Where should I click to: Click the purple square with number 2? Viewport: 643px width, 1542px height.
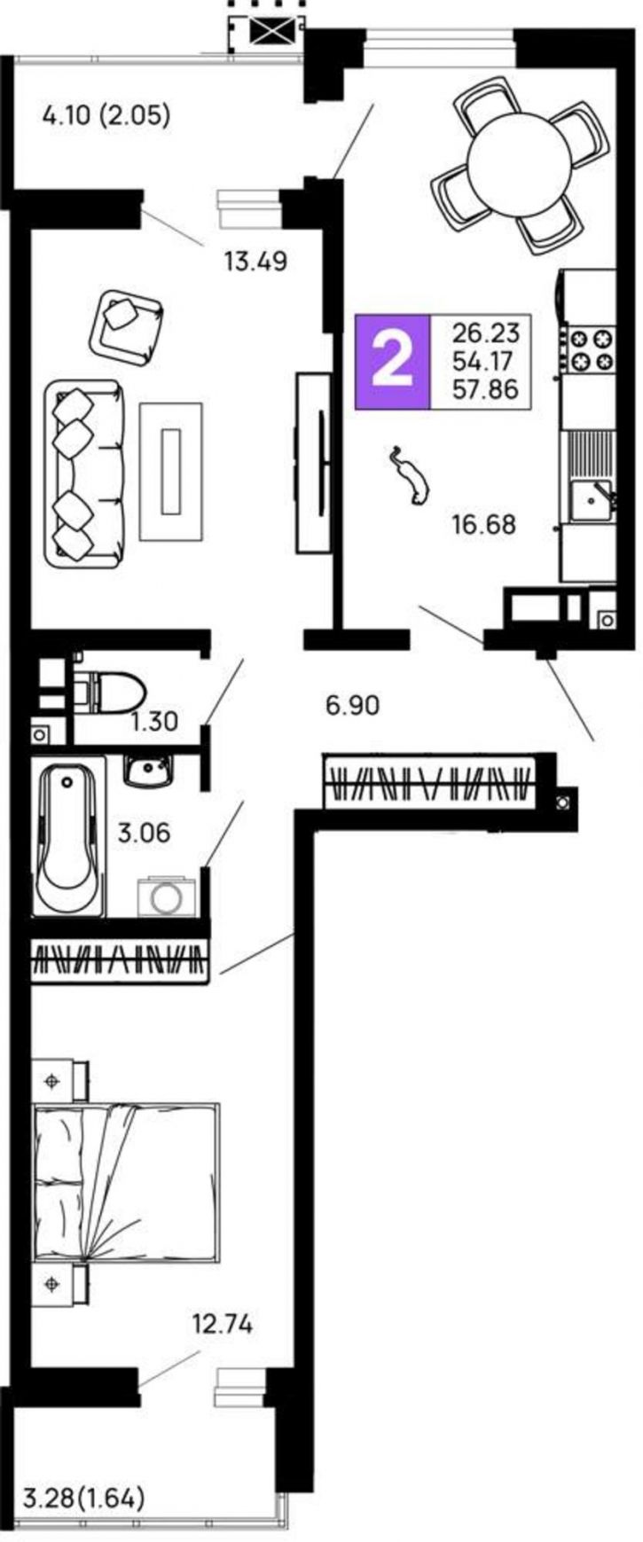point(392,362)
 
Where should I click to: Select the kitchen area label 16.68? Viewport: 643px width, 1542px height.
point(483,524)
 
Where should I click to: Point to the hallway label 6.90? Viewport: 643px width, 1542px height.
point(352,706)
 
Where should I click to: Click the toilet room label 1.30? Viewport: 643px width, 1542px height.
point(154,722)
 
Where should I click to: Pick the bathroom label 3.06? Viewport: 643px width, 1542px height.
point(144,834)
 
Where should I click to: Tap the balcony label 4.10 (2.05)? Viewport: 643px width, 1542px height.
point(106,114)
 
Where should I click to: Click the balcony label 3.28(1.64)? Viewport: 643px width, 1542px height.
point(83,1499)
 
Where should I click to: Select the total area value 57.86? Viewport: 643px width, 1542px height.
point(485,389)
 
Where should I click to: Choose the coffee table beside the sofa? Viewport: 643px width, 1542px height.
point(171,471)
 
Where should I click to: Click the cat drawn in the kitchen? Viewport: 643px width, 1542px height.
point(409,476)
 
